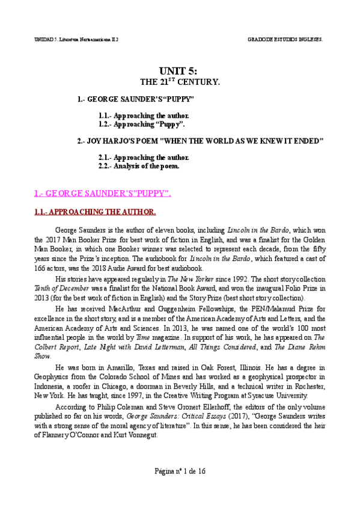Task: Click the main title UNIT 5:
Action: pos(180,70)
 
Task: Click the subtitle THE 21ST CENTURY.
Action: pos(180,81)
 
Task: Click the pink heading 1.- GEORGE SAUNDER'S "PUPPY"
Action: pos(102,192)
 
